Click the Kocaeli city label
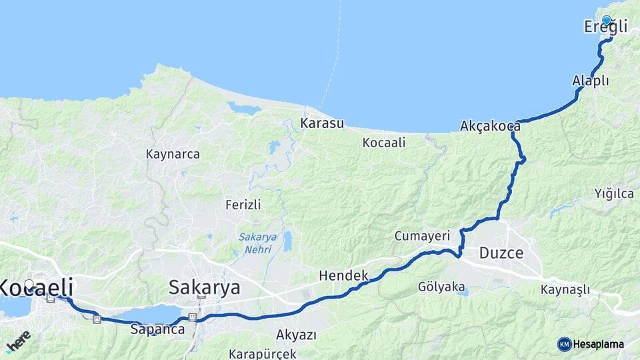point(37,287)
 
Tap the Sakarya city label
point(204,288)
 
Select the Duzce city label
point(501,253)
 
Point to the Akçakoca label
point(490,125)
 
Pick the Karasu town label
point(321,123)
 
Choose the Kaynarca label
point(173,154)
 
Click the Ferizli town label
point(243,205)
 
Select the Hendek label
point(343,275)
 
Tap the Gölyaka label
point(441,287)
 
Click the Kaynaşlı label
point(565,289)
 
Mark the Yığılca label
point(614,194)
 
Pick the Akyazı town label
point(296,334)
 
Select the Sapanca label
point(157,329)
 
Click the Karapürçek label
point(262,353)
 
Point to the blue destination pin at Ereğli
point(607,21)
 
